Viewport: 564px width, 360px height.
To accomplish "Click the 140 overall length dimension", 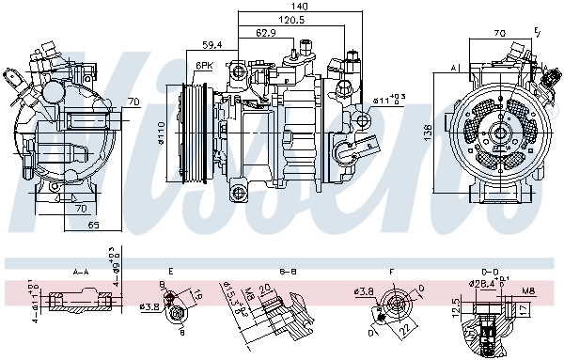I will (x=299, y=6).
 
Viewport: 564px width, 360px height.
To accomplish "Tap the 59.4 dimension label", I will (x=212, y=44).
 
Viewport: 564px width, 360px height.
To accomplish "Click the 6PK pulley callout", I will (x=203, y=65).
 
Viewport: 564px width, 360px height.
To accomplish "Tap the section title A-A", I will (x=84, y=271).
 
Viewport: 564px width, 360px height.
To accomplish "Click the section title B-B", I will (x=289, y=271).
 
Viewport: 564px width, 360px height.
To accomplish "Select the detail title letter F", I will (x=390, y=271).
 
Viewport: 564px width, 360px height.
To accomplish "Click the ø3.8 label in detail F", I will (x=367, y=290).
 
